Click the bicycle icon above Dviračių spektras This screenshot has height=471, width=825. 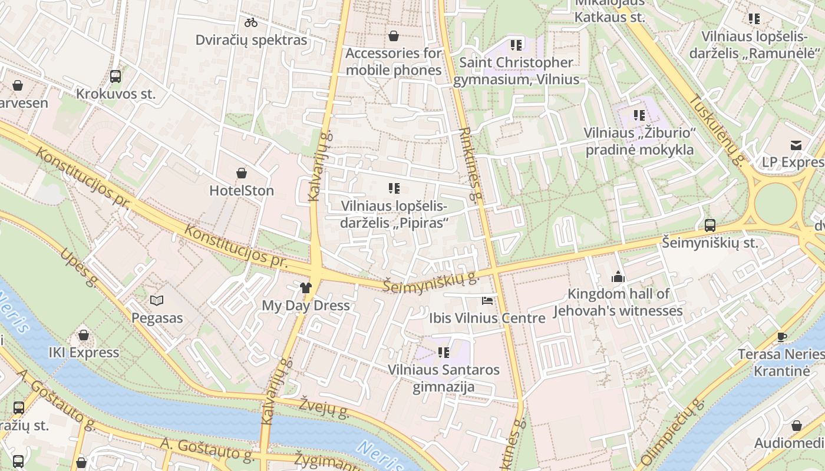click(x=251, y=22)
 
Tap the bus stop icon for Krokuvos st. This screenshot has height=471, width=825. click(x=115, y=76)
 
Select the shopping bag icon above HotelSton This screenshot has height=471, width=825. click(x=241, y=173)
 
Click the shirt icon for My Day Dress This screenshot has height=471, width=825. click(x=305, y=288)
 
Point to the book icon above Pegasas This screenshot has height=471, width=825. click(x=157, y=301)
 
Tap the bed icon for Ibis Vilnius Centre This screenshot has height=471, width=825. click(x=487, y=301)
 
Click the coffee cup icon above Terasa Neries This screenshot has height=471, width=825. click(x=781, y=337)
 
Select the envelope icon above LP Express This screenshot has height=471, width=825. click(x=796, y=145)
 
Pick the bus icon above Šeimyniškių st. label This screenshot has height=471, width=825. click(x=710, y=225)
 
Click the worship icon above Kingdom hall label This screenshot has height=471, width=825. click(x=618, y=276)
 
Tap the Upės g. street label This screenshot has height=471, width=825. click(x=78, y=268)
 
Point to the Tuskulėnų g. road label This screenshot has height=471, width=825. click(x=717, y=130)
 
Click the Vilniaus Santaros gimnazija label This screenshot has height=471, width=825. click(x=444, y=379)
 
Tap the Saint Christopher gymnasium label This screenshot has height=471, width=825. click(x=516, y=71)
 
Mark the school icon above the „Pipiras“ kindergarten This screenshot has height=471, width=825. click(x=394, y=188)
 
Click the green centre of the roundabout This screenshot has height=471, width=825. click(x=775, y=204)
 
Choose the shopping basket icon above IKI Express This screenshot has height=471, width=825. click(x=84, y=335)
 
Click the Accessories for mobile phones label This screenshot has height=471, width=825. click(x=394, y=61)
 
